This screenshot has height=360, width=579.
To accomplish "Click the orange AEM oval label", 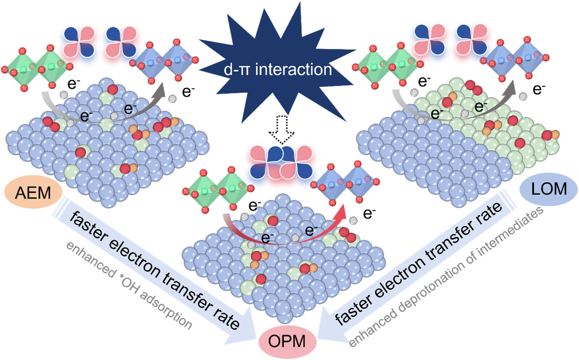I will (x=33, y=193).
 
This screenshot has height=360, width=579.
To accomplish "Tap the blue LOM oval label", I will (x=549, y=189).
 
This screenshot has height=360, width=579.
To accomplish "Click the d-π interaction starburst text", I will (x=277, y=70).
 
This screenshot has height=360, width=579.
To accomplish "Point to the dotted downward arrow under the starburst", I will (x=281, y=130).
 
